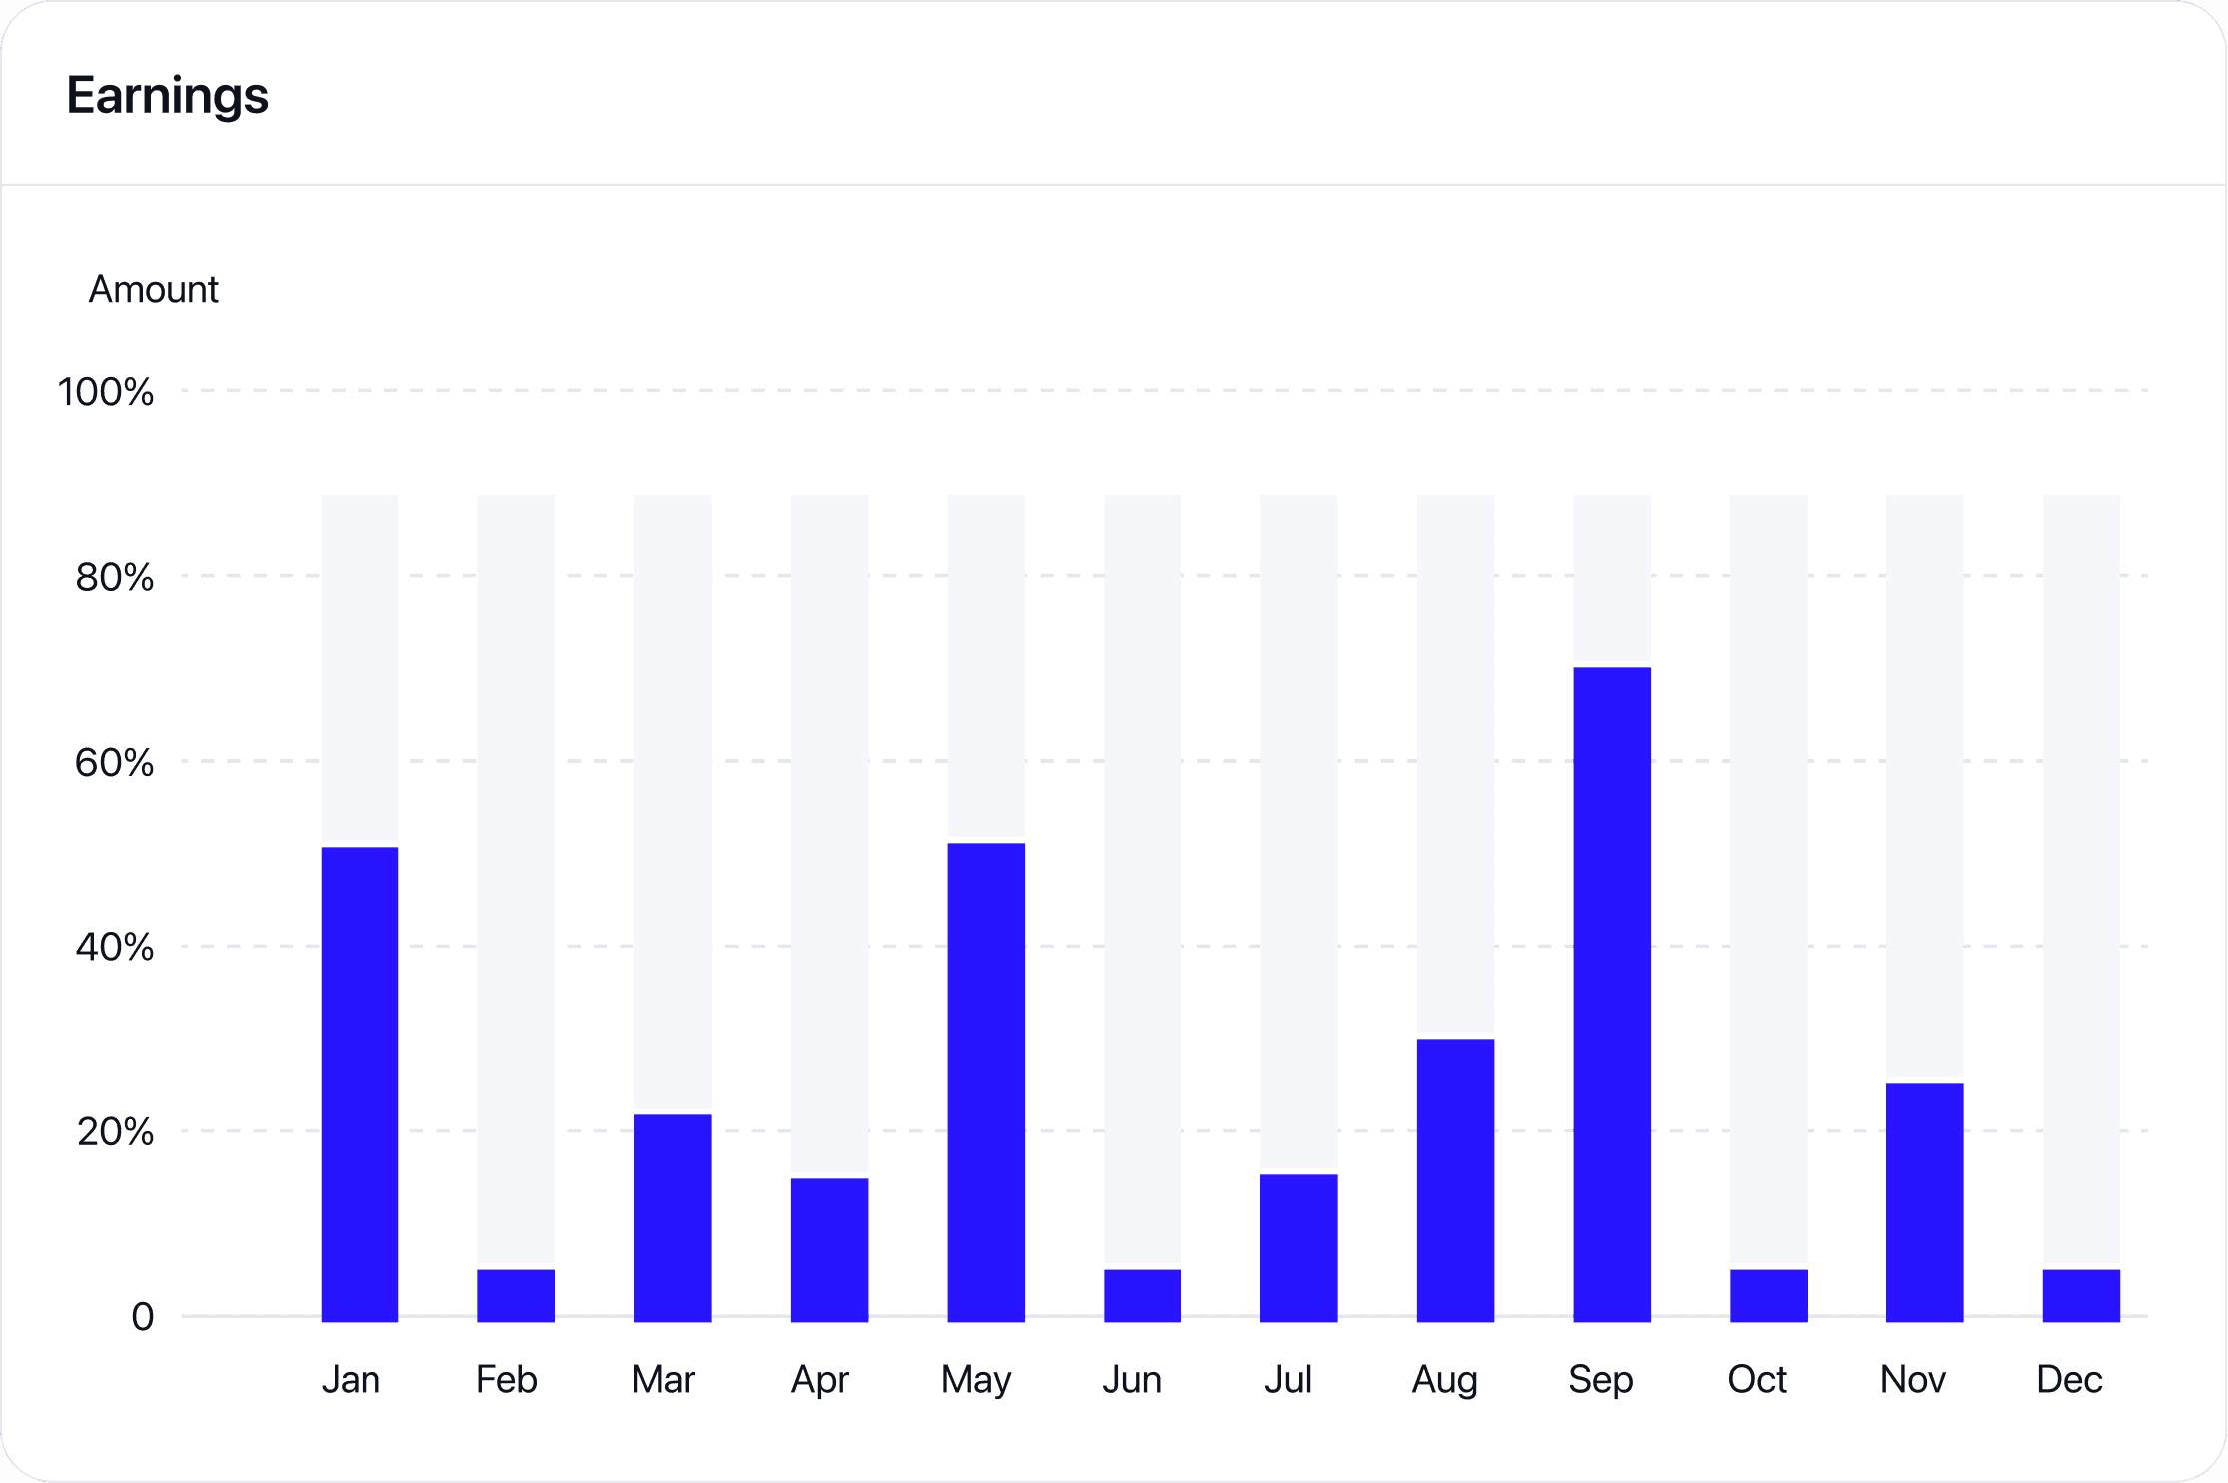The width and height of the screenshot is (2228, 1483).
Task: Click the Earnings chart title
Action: point(167,96)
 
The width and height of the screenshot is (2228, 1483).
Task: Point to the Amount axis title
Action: point(153,290)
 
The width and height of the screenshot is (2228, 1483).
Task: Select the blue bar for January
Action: point(360,1084)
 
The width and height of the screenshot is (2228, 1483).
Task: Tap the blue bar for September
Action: point(1611,994)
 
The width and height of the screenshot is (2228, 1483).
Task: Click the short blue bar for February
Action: point(516,1295)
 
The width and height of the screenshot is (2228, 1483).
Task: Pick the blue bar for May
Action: point(986,1082)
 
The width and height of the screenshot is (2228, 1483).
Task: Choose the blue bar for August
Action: point(1455,1179)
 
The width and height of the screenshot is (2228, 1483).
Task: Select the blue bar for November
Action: point(1924,1201)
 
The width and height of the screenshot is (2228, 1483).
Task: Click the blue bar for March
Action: point(672,1217)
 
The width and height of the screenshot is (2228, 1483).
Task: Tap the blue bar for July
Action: point(1298,1247)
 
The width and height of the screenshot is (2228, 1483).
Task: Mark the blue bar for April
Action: point(829,1249)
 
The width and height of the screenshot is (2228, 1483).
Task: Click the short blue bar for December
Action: point(2081,1295)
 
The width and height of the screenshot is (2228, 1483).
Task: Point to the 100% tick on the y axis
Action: point(106,392)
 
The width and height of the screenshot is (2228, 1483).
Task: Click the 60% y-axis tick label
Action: point(114,763)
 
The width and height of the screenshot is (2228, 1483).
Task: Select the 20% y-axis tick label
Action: point(115,1132)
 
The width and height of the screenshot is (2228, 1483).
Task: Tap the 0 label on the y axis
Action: point(143,1317)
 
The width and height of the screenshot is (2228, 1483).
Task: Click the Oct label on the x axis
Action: point(1757,1380)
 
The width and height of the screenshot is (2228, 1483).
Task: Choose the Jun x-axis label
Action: point(1131,1380)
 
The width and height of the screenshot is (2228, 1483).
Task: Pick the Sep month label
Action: point(1600,1380)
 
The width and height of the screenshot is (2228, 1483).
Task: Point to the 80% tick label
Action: point(114,577)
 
